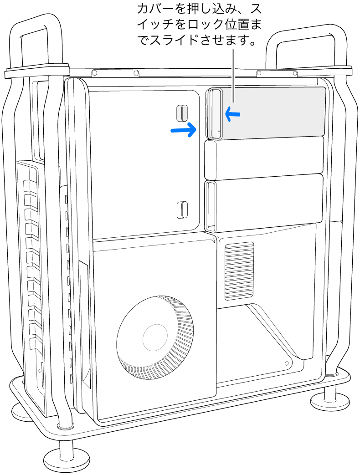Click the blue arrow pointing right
pyautogui.click(x=183, y=130)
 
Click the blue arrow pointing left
pyautogui.click(x=231, y=114)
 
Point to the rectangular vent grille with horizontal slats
pyautogui.click(x=239, y=271)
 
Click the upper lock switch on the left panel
pyautogui.click(x=182, y=112)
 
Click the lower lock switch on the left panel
pyautogui.click(x=182, y=209)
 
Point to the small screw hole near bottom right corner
pyautogui.click(x=286, y=364)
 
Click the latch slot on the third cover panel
pyautogui.click(x=210, y=204)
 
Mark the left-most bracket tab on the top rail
pyautogui.click(x=95, y=73)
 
